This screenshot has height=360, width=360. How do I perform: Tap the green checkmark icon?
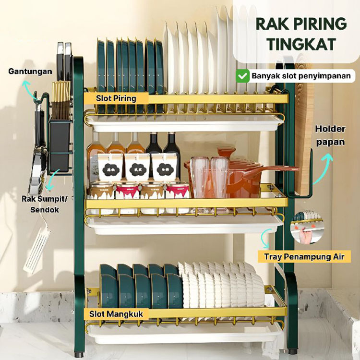pyautogui.click(x=243, y=76)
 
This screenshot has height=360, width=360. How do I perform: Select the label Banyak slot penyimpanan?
pyautogui.click(x=301, y=76)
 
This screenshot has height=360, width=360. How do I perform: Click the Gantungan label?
pyautogui.click(x=24, y=72)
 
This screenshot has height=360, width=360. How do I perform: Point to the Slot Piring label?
pyautogui.click(x=116, y=98)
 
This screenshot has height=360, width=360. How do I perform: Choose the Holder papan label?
pyautogui.click(x=330, y=135)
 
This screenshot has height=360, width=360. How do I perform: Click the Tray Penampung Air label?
pyautogui.click(x=304, y=257)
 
